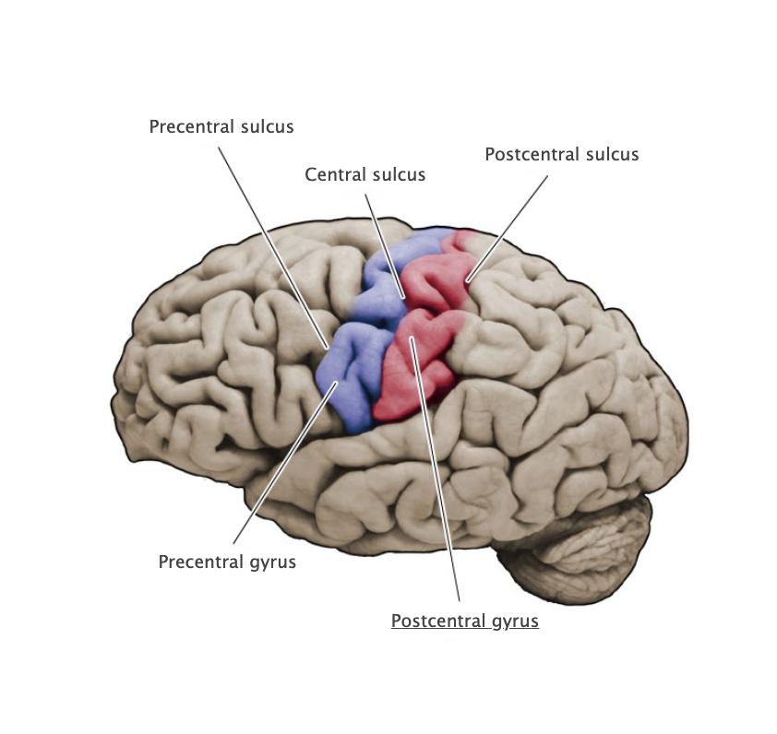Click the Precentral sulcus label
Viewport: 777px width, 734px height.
click(221, 126)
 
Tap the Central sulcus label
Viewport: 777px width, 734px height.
click(365, 174)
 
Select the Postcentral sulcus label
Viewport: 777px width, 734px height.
click(561, 154)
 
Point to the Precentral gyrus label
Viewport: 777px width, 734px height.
click(227, 562)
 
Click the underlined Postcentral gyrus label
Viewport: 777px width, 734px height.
click(464, 621)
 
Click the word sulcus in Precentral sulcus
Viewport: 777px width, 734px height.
click(264, 126)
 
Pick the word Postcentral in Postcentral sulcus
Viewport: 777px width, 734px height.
click(532, 154)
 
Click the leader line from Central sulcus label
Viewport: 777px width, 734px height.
click(385, 242)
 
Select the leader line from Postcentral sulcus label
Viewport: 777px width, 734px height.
click(510, 221)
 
